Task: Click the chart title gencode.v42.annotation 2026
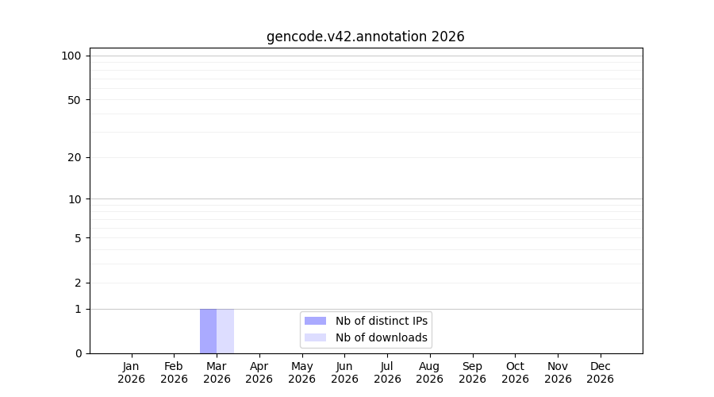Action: (365, 37)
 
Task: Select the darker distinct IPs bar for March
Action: (208, 331)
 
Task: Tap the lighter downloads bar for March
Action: (225, 331)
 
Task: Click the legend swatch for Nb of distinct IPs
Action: (315, 321)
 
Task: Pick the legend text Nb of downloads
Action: (382, 337)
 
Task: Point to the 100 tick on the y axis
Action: (71, 56)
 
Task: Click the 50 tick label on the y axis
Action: (75, 100)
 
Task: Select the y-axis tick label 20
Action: (75, 158)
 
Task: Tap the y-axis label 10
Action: (75, 199)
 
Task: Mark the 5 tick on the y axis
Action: (78, 238)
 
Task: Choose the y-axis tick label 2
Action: (78, 283)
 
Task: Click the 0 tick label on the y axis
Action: (79, 353)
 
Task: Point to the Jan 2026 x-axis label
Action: (131, 372)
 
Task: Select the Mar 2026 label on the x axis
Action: (217, 372)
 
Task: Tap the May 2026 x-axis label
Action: (302, 372)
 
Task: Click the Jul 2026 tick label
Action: (387, 372)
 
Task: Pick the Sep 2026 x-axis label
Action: (472, 372)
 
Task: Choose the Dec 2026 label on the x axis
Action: (601, 372)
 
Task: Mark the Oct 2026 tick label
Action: (515, 372)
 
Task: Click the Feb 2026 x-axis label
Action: (174, 372)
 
